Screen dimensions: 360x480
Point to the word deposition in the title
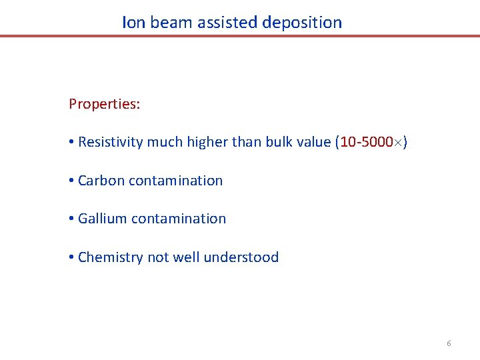[x=302, y=23]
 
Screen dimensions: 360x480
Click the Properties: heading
[x=104, y=105]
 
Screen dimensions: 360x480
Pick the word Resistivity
[x=111, y=142]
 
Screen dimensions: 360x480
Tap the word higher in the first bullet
[x=205, y=142]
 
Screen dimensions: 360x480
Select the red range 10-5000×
[x=371, y=142]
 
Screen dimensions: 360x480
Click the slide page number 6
[x=449, y=343]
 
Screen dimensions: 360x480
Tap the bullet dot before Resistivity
[x=71, y=143]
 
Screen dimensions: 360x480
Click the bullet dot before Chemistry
[x=71, y=258]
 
